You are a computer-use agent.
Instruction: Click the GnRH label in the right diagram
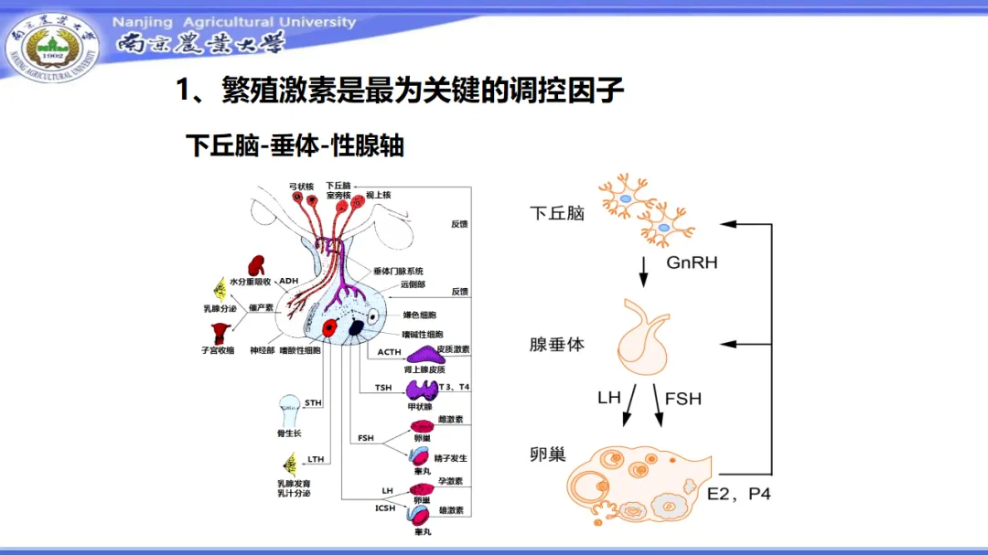pyautogui.click(x=692, y=262)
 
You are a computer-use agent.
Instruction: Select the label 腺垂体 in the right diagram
pyautogui.click(x=556, y=345)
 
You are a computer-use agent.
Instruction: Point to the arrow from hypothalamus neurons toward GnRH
pyautogui.click(x=643, y=269)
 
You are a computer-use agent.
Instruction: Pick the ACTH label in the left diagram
pyautogui.click(x=390, y=352)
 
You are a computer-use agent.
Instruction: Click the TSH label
pyautogui.click(x=383, y=388)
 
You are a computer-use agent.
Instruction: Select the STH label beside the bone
pyautogui.click(x=314, y=402)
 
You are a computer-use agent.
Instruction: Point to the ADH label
pyautogui.click(x=289, y=281)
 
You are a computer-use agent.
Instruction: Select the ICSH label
pyautogui.click(x=385, y=508)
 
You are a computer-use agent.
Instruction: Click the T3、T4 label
pyautogui.click(x=455, y=387)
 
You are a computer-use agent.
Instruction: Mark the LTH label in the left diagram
pyautogui.click(x=317, y=459)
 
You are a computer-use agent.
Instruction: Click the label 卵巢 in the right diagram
pyautogui.click(x=547, y=454)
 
